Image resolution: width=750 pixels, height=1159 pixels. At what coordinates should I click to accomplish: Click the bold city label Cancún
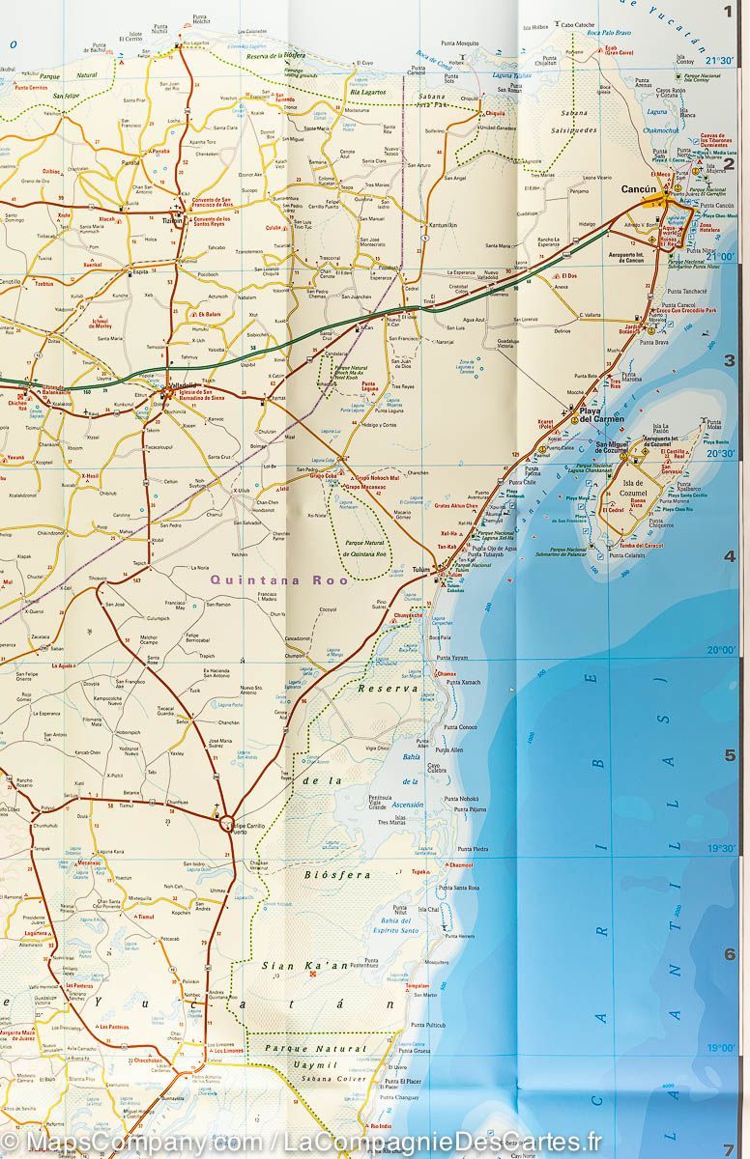tap(639, 189)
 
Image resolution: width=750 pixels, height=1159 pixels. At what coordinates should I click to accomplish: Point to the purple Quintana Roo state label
tap(265, 580)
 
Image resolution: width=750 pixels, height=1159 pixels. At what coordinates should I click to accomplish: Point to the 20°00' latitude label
tap(719, 650)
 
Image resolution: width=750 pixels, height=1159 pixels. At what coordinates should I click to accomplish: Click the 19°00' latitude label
tap(719, 1047)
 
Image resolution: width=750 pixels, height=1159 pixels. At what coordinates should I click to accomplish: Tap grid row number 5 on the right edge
tap(730, 755)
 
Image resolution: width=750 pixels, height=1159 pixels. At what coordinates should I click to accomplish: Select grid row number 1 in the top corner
tap(729, 13)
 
